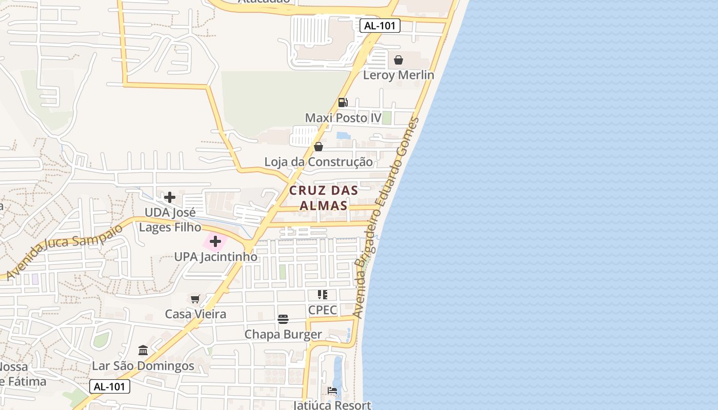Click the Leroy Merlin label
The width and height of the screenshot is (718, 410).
(398, 75)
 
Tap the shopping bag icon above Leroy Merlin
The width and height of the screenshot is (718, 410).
(398, 60)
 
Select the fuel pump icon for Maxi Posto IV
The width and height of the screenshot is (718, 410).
(343, 102)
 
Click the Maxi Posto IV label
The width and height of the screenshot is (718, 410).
(343, 118)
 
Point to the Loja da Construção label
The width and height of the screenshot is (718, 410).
(318, 162)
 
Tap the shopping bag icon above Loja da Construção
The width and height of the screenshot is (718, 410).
(318, 147)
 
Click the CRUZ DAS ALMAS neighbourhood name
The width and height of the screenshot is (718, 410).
(324, 198)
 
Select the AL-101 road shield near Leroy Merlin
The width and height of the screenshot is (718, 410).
(380, 26)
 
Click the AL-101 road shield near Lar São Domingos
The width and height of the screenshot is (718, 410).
(110, 386)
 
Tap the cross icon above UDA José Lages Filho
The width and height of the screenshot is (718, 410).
(170, 197)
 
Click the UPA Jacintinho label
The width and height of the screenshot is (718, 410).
(215, 257)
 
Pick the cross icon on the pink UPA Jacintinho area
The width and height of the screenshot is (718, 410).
(215, 241)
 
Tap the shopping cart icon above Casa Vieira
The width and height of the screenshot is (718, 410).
(195, 299)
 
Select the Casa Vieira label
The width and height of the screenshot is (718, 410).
(195, 314)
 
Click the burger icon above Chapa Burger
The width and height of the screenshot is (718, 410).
(283, 319)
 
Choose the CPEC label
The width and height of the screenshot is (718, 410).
(323, 310)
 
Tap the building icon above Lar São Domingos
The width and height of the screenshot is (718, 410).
(143, 351)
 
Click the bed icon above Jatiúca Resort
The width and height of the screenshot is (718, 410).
(332, 391)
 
